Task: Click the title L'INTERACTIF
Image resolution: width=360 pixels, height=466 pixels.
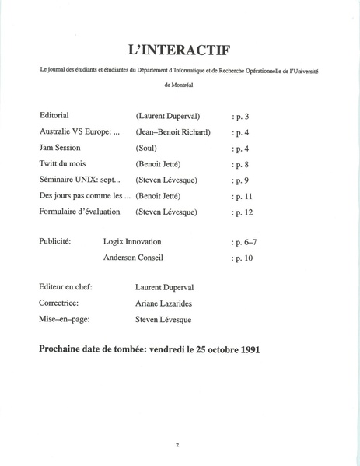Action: click(x=180, y=49)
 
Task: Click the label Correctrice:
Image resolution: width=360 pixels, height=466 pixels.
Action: click(x=60, y=303)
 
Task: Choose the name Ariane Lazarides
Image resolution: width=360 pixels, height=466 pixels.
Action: click(x=167, y=303)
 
